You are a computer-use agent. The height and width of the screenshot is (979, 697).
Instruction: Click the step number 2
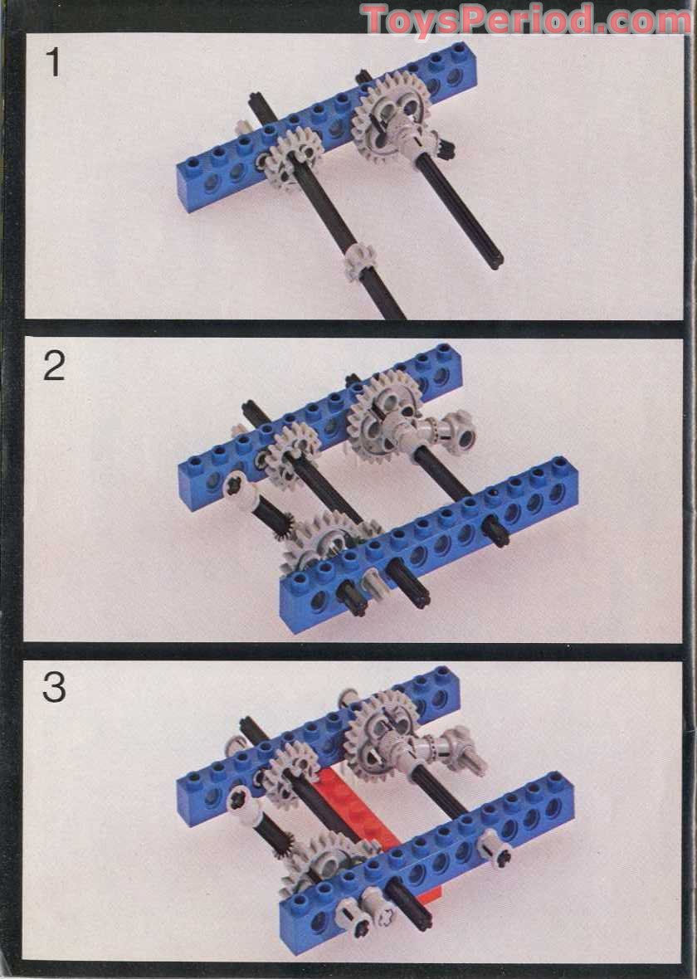point(53,366)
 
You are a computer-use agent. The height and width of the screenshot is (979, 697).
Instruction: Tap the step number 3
point(53,687)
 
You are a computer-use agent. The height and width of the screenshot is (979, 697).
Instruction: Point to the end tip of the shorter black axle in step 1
point(495,261)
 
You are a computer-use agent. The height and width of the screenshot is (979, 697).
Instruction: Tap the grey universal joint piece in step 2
point(444,431)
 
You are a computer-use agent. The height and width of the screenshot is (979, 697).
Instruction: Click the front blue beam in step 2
point(431,548)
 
